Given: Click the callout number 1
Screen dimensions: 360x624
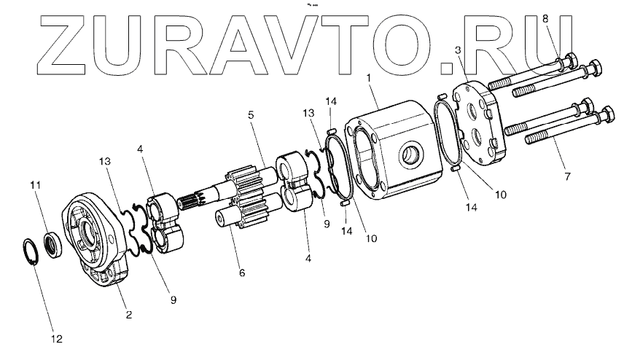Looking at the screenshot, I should click(370, 77).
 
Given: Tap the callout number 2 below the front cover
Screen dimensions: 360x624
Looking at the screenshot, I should click(128, 315).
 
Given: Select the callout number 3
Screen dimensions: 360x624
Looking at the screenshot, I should click(457, 50).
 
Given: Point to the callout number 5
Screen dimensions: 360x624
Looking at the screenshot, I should click(250, 115).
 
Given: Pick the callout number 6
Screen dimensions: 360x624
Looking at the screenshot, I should click(241, 273).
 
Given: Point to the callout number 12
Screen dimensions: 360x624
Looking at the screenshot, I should click(57, 339).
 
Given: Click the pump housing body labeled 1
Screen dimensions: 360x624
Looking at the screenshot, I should click(397, 153).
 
